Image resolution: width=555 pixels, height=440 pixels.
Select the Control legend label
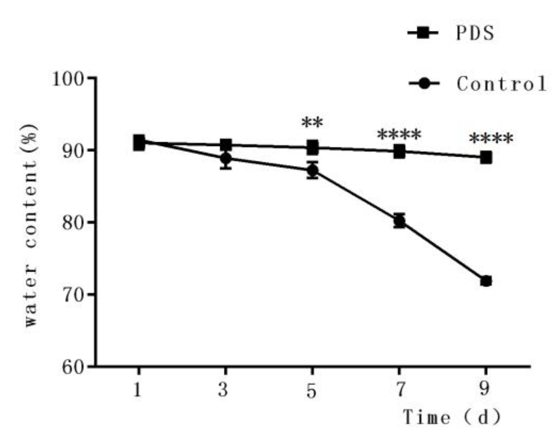coord(501,84)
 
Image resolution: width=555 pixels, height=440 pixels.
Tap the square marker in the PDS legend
coord(423,33)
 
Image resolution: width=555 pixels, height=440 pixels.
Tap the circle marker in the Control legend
coord(424,84)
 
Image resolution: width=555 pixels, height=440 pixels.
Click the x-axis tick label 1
coord(138,390)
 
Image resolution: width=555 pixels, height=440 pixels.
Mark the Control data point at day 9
coord(486,281)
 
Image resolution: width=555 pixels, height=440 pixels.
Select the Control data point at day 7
coord(399,221)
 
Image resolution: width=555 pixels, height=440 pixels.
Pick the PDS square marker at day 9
coord(486,157)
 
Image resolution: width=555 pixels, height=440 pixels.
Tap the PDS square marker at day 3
coord(226,145)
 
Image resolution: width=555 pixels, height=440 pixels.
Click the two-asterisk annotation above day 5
coord(312,123)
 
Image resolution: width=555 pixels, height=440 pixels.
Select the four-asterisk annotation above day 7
coord(399,135)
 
